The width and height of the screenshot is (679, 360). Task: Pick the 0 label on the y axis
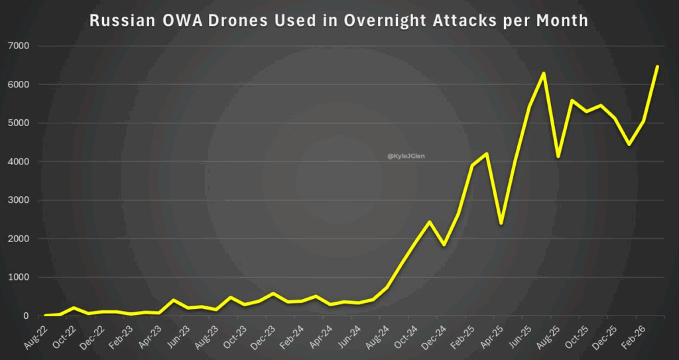[26, 316]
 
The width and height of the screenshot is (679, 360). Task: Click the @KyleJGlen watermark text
[406, 156]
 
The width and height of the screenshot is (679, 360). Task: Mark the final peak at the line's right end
[657, 67]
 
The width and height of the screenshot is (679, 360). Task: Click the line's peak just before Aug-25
[544, 73]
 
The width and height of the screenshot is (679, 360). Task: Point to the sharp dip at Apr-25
[501, 223]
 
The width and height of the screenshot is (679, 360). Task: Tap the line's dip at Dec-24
[444, 245]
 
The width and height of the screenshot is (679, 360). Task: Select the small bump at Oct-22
[74, 308]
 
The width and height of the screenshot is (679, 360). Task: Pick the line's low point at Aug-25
[558, 156]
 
